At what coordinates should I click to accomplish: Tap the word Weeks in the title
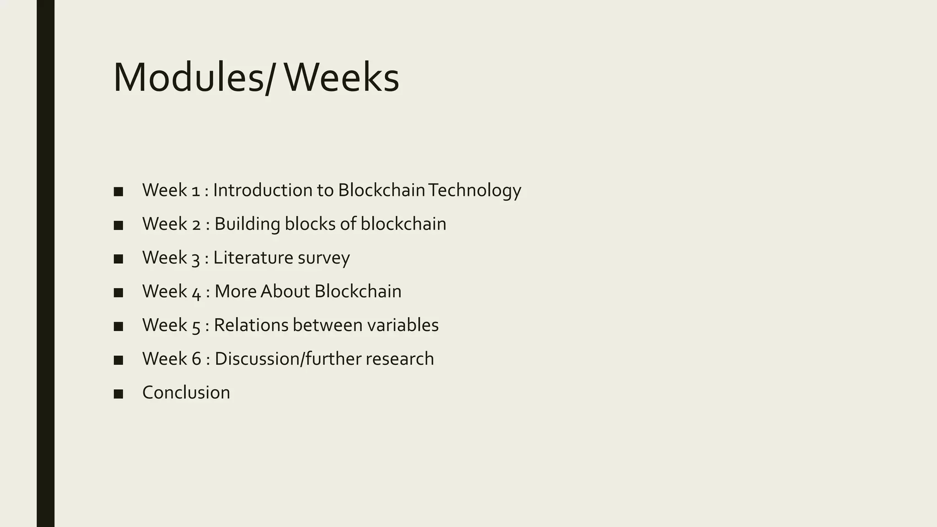coord(342,78)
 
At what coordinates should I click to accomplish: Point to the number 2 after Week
coord(196,224)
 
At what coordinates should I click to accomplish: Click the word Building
coord(247,224)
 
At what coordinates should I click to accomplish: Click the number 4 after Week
coord(196,292)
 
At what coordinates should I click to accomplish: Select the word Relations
coord(251,325)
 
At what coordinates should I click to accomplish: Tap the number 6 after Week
coord(196,359)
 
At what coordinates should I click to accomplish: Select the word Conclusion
coord(186,393)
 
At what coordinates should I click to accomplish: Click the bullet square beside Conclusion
coord(118,394)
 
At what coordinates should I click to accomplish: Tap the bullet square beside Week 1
coord(118,192)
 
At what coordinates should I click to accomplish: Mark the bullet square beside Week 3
coord(118,259)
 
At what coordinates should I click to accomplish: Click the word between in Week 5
coord(327,325)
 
